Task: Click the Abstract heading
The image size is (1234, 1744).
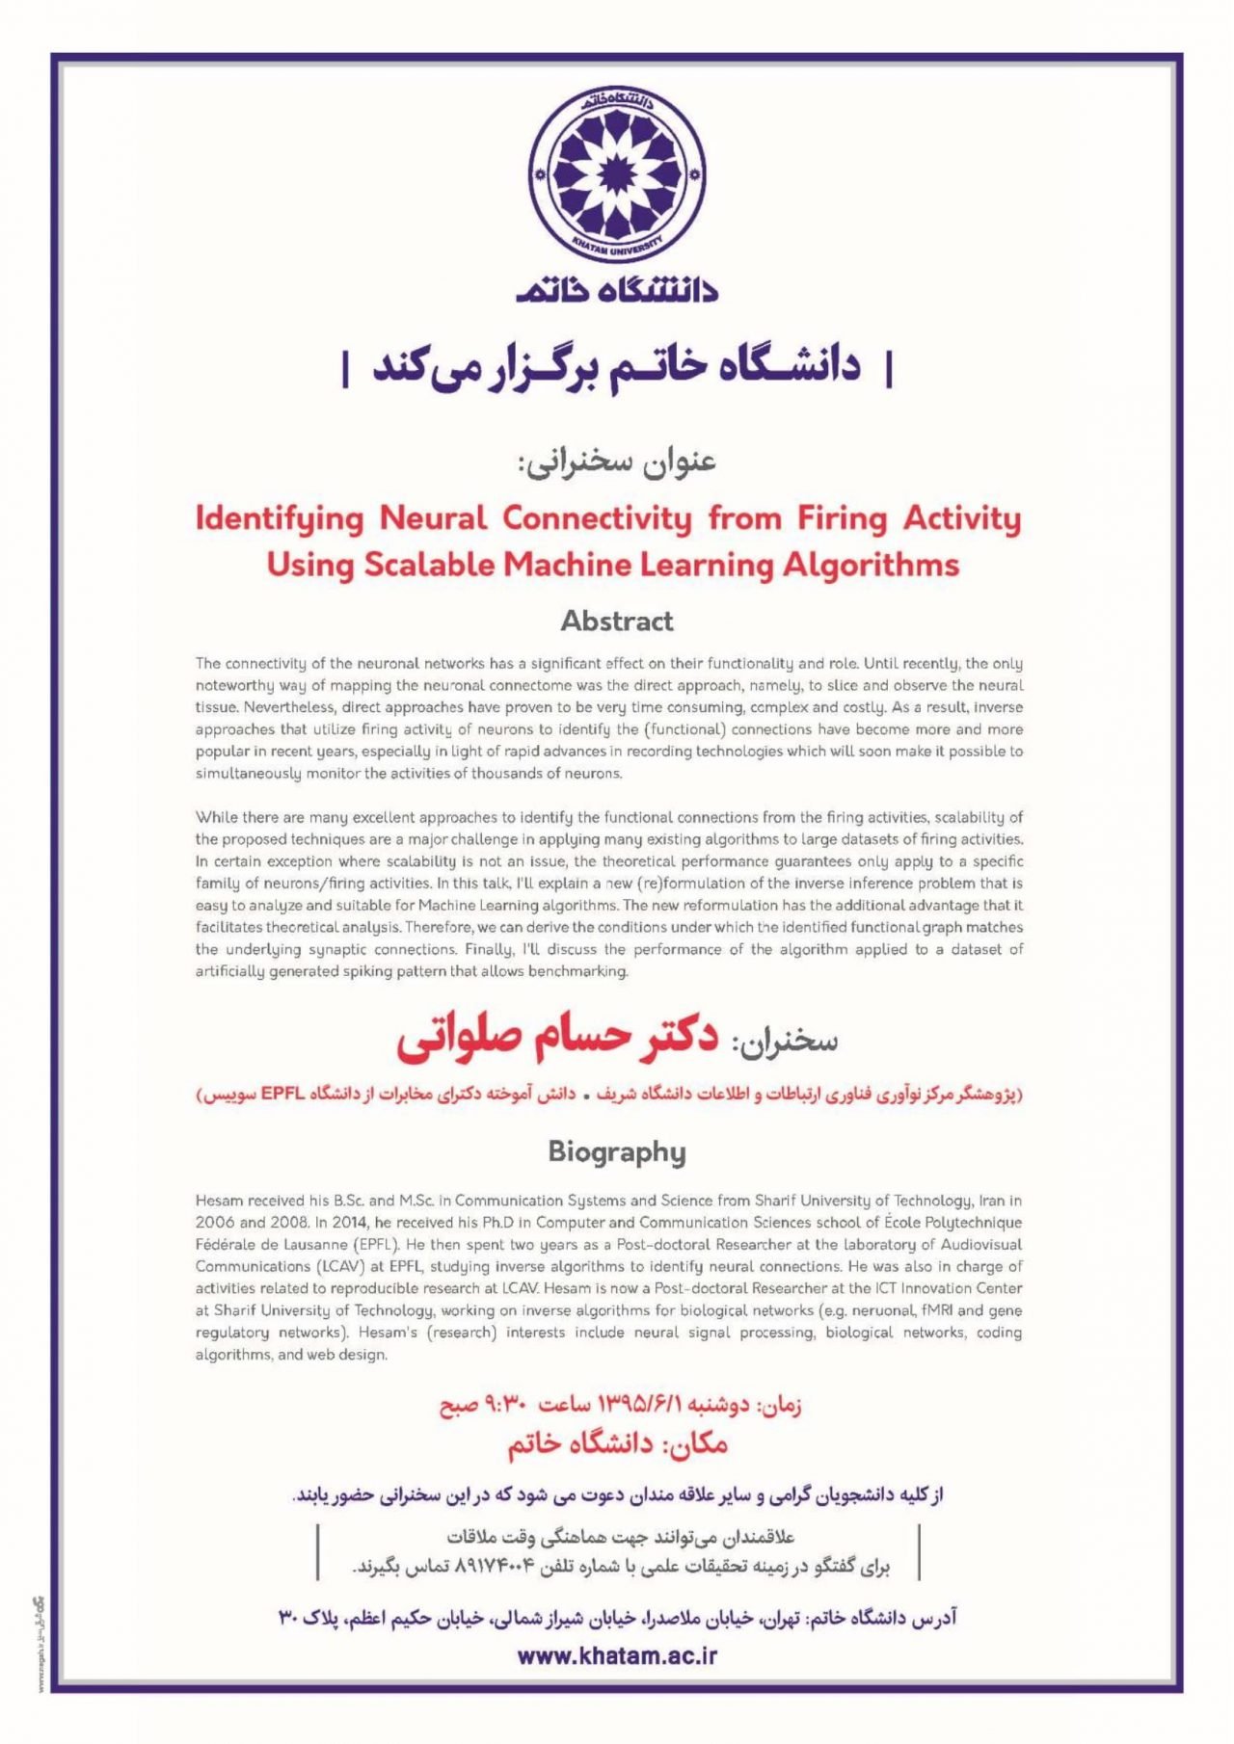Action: pyautogui.click(x=617, y=621)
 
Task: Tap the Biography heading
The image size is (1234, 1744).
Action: pyautogui.click(x=617, y=1151)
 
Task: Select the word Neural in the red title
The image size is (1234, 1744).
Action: pyautogui.click(x=433, y=518)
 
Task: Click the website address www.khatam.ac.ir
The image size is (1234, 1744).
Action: pyautogui.click(x=617, y=1655)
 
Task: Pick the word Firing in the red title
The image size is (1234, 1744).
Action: pyautogui.click(x=842, y=518)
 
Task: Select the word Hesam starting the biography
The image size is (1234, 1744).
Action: pyautogui.click(x=220, y=1201)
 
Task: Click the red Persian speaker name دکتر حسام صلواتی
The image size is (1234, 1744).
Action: pyautogui.click(x=557, y=1039)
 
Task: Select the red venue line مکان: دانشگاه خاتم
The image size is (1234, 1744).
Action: pyautogui.click(x=617, y=1443)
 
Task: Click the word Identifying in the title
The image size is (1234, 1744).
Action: pyautogui.click(x=280, y=518)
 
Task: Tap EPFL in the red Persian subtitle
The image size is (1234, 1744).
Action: pyautogui.click(x=280, y=1095)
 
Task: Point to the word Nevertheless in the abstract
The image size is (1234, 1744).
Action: pyautogui.click(x=241, y=707)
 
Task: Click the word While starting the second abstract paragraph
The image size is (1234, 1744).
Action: pyautogui.click(x=215, y=817)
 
